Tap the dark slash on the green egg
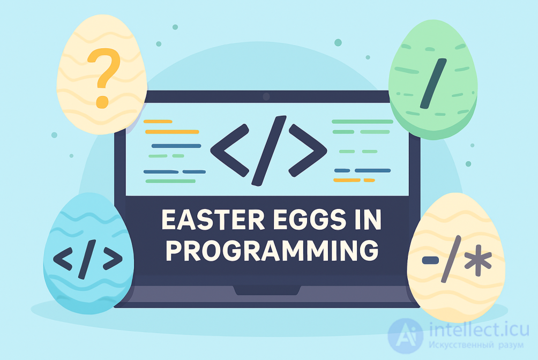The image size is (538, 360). coord(433,82)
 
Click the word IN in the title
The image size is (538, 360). coord(368,221)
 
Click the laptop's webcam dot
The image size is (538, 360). coord(266,96)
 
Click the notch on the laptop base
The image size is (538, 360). coord(266,290)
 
